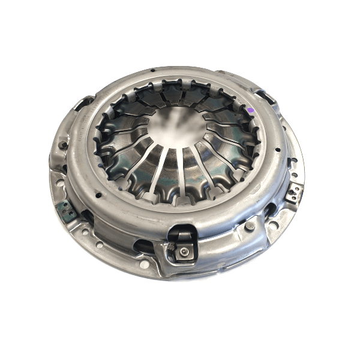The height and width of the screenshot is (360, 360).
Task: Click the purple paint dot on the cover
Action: [250, 110]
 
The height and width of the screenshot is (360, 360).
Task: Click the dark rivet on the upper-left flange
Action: [62, 145]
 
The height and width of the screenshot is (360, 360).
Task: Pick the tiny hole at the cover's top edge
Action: [154, 71]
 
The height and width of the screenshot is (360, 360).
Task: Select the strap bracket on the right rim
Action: [294, 193]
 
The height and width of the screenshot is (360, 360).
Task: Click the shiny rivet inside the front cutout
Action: [184, 254]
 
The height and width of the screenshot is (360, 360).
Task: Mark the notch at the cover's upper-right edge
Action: [265, 96]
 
